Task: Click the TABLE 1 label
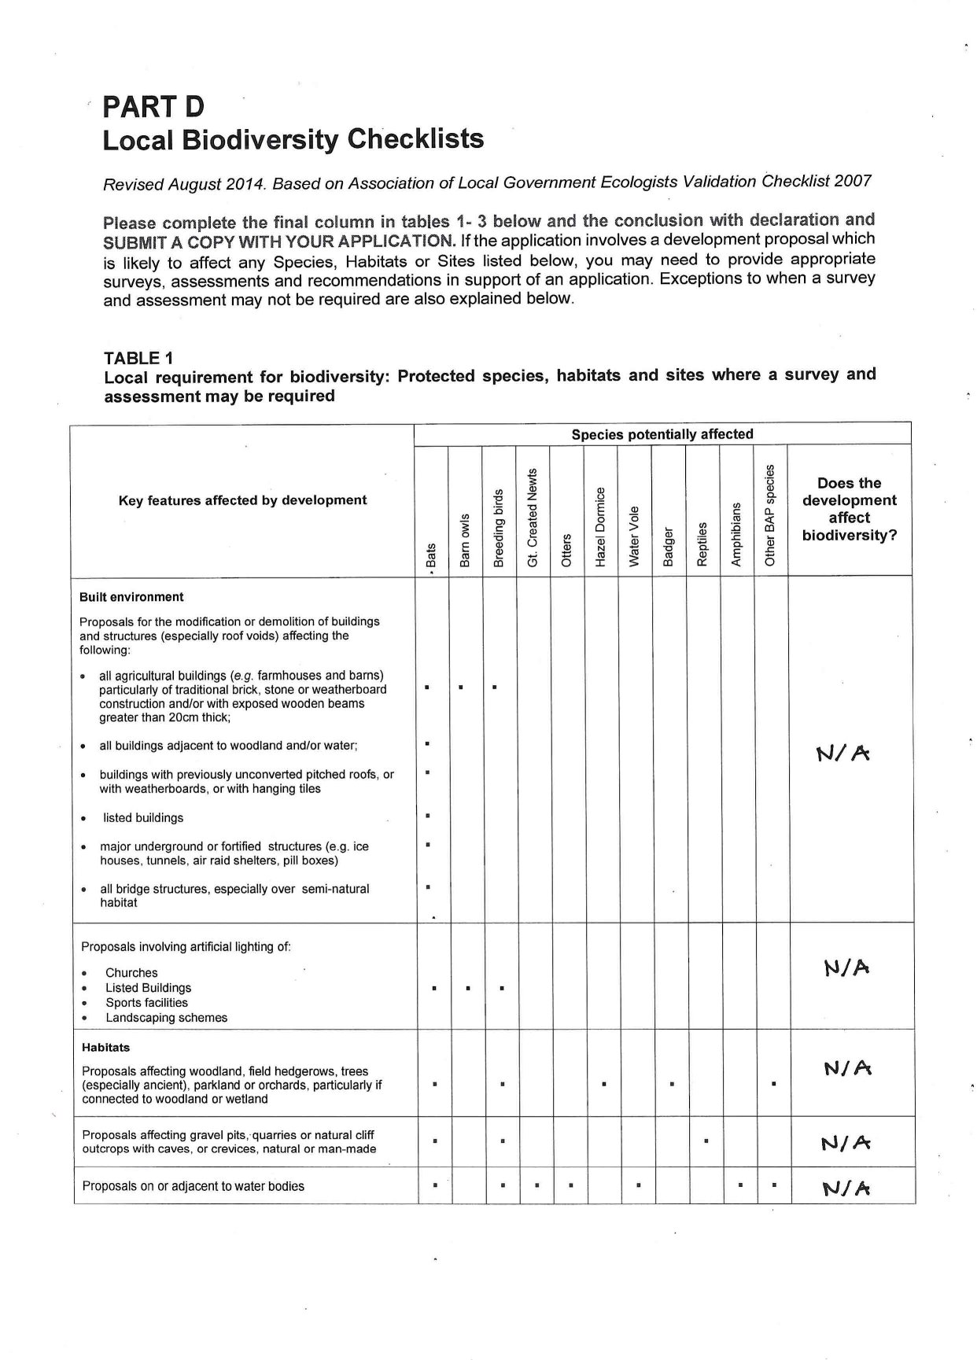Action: (x=138, y=358)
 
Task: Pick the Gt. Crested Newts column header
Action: (x=533, y=517)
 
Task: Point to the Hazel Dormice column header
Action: (x=600, y=526)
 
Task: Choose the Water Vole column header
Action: (x=634, y=535)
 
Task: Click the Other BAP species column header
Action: (x=770, y=514)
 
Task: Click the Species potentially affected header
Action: (x=662, y=434)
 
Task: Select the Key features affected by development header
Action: (x=242, y=500)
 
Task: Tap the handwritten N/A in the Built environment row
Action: (x=843, y=754)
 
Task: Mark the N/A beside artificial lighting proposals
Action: (x=846, y=967)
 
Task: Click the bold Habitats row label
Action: (x=105, y=1048)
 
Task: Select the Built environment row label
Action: (x=131, y=597)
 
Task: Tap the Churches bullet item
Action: (x=131, y=973)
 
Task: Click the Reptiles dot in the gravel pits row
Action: (x=706, y=1140)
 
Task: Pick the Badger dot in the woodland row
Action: (x=672, y=1085)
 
